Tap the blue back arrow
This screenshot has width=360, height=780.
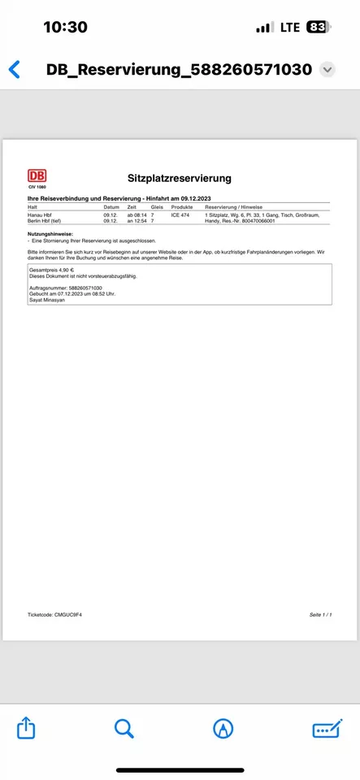tap(15, 69)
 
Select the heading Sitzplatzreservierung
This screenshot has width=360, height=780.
tap(180, 178)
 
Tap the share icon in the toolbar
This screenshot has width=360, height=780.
tap(26, 728)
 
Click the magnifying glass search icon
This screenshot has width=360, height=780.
tap(124, 728)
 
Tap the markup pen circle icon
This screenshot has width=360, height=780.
tap(222, 728)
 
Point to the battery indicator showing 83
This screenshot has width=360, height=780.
tap(318, 27)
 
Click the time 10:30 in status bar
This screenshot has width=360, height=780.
tap(65, 27)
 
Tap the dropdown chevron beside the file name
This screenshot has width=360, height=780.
tap(327, 70)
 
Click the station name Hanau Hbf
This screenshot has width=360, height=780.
tap(41, 214)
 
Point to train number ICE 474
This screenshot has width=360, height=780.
tap(180, 214)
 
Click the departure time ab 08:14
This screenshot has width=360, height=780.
tap(136, 214)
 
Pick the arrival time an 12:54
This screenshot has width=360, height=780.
tap(136, 221)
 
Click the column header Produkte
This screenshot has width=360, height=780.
tap(182, 207)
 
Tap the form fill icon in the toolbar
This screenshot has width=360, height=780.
tap(326, 728)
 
